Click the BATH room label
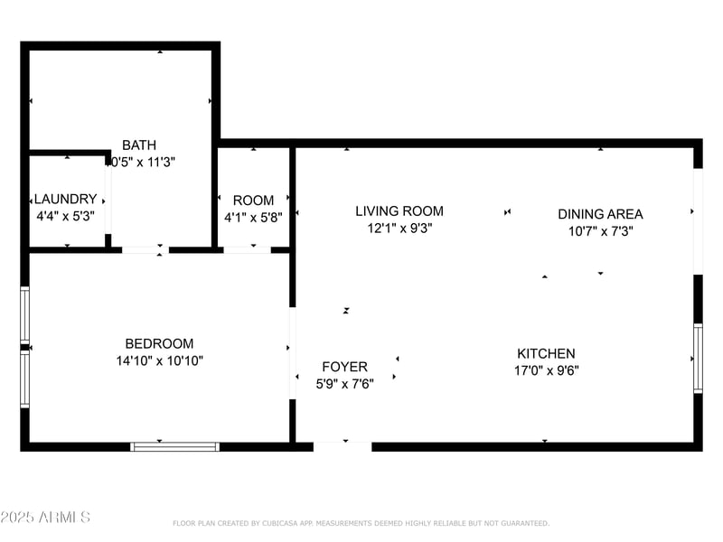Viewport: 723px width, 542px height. pyautogui.click(x=139, y=145)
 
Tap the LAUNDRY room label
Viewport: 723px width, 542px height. pyautogui.click(x=64, y=199)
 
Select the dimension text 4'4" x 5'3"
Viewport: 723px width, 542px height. pyautogui.click(x=64, y=217)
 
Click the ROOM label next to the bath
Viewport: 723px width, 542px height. pyautogui.click(x=253, y=201)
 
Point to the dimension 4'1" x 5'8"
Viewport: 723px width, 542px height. pyautogui.click(x=253, y=218)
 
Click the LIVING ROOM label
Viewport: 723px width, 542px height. pyautogui.click(x=399, y=211)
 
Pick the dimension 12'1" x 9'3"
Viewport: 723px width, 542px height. pyautogui.click(x=399, y=229)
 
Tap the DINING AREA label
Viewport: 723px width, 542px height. pyautogui.click(x=600, y=214)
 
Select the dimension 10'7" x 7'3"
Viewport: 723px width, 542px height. pyautogui.click(x=600, y=231)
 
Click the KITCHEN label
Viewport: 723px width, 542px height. pyautogui.click(x=546, y=353)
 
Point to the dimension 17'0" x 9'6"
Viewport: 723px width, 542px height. pyautogui.click(x=546, y=370)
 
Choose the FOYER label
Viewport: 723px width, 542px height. pyautogui.click(x=344, y=367)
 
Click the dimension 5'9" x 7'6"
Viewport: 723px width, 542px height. pyautogui.click(x=344, y=383)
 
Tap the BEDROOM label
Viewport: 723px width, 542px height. pyautogui.click(x=159, y=343)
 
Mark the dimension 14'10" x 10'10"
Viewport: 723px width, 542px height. pyautogui.click(x=159, y=360)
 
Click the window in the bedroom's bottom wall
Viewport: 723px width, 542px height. pyautogui.click(x=175, y=446)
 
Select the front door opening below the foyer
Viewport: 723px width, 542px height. pyautogui.click(x=343, y=445)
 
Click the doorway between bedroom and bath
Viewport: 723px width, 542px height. pyautogui.click(x=145, y=250)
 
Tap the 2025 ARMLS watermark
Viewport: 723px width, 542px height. pyautogui.click(x=45, y=518)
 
